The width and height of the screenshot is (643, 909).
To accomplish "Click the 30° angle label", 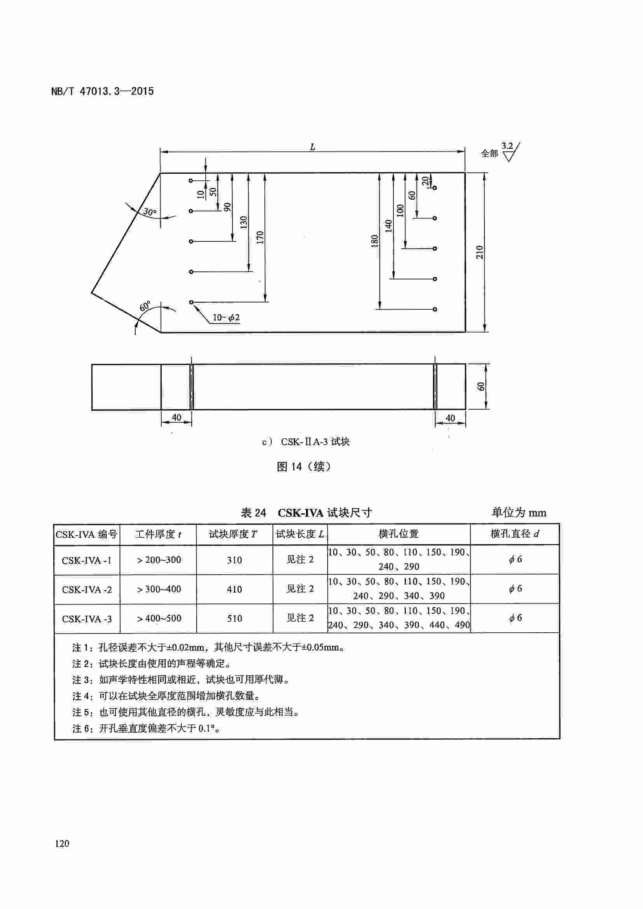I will pos(150,212).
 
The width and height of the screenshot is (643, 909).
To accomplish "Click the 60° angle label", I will pos(145,306).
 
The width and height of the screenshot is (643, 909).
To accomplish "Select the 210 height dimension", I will pos(479,252).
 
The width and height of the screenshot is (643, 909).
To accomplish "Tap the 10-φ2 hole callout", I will pos(226,318).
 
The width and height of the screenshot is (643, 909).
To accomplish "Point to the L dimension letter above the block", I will pos(313,147).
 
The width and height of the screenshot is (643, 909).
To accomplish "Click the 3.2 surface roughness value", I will pos(507,146).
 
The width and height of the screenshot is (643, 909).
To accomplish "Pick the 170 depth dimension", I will pos(260,237).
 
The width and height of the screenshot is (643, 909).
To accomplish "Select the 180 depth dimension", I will pos(374,241).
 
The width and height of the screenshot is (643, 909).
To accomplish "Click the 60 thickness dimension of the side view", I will pos(481,386).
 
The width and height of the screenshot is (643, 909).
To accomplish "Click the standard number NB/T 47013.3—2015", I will pos(103,91).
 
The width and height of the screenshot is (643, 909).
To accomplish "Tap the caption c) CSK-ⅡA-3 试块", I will pos(306,442).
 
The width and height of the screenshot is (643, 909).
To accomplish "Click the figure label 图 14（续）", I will pos(304,467).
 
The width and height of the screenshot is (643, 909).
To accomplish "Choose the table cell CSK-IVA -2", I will pos(87,590).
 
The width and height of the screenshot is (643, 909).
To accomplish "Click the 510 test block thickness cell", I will pos(234,618).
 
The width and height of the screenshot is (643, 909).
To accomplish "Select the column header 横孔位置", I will pos(398,534).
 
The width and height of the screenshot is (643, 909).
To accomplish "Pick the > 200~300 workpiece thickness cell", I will pos(158,560).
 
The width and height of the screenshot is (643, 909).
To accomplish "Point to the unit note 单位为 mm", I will pos(519,513).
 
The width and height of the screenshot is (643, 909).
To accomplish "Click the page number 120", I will pos(62,844).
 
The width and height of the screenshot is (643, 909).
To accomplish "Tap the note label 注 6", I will pos(82,728).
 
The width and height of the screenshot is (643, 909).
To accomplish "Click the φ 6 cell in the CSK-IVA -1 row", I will pos(515,559).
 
